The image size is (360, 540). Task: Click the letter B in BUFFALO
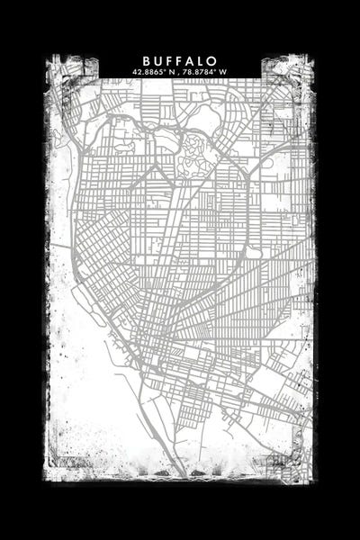[x=146, y=59]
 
